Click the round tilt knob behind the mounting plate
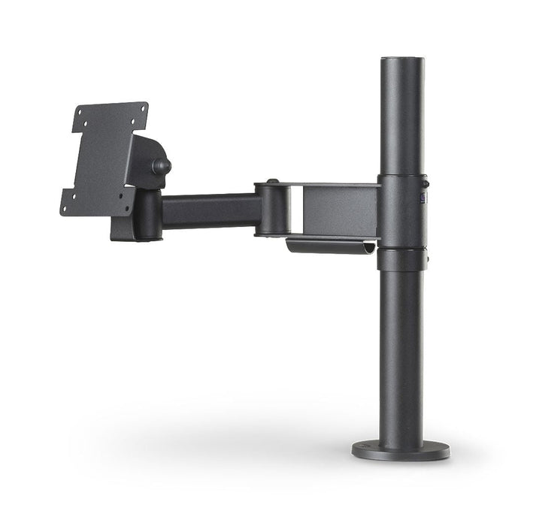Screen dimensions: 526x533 pyautogui.click(x=161, y=165)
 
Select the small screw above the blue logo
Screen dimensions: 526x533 pyautogui.click(x=425, y=183)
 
